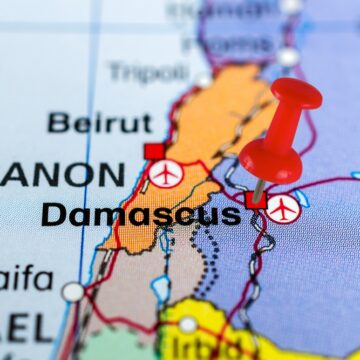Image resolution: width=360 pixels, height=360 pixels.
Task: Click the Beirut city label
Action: (x=101, y=124)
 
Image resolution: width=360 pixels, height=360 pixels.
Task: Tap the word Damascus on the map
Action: (x=140, y=214)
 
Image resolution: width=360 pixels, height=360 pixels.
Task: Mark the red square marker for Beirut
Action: (x=154, y=151)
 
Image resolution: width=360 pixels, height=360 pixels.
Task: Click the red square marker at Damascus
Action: (x=255, y=199)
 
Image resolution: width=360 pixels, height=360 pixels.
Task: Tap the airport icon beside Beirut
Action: (x=165, y=174)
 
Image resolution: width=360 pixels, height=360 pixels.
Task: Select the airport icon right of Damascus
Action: (x=282, y=208)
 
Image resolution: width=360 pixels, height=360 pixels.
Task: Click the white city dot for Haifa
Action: (x=72, y=291)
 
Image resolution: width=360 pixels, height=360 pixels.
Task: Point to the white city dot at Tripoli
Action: (x=203, y=79)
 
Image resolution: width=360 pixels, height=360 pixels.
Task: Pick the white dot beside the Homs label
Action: (x=288, y=56)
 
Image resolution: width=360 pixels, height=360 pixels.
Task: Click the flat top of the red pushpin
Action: (x=296, y=93)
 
